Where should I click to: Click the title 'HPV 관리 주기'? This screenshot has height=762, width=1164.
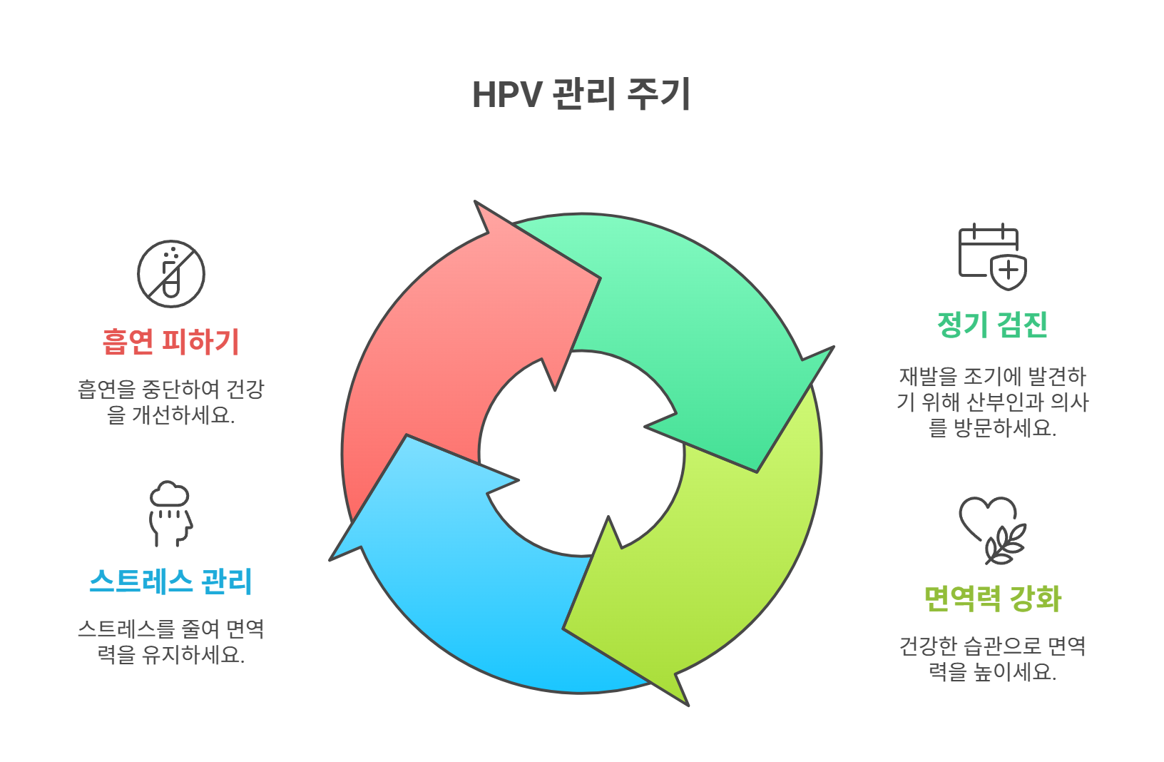point(581,94)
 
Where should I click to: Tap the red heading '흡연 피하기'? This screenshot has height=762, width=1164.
point(170,342)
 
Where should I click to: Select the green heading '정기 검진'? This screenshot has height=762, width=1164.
point(992,325)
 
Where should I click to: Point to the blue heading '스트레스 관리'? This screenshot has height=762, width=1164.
point(170,581)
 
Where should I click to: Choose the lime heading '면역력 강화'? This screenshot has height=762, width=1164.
point(992,599)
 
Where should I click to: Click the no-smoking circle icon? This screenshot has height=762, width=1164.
point(171,274)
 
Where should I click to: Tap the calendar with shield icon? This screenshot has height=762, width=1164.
point(992,257)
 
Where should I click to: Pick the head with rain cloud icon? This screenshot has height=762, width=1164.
point(170,514)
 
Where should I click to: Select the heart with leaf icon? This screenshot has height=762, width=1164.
point(992,530)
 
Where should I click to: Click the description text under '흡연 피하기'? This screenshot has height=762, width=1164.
point(170,402)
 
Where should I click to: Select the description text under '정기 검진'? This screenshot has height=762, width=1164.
point(992,402)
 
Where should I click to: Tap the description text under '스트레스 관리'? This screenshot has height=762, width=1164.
point(170,641)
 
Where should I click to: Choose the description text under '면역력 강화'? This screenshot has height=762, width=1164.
point(992,659)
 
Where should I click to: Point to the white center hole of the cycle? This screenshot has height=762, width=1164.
point(581,453)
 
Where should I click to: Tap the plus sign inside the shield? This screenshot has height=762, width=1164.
point(1009,270)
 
